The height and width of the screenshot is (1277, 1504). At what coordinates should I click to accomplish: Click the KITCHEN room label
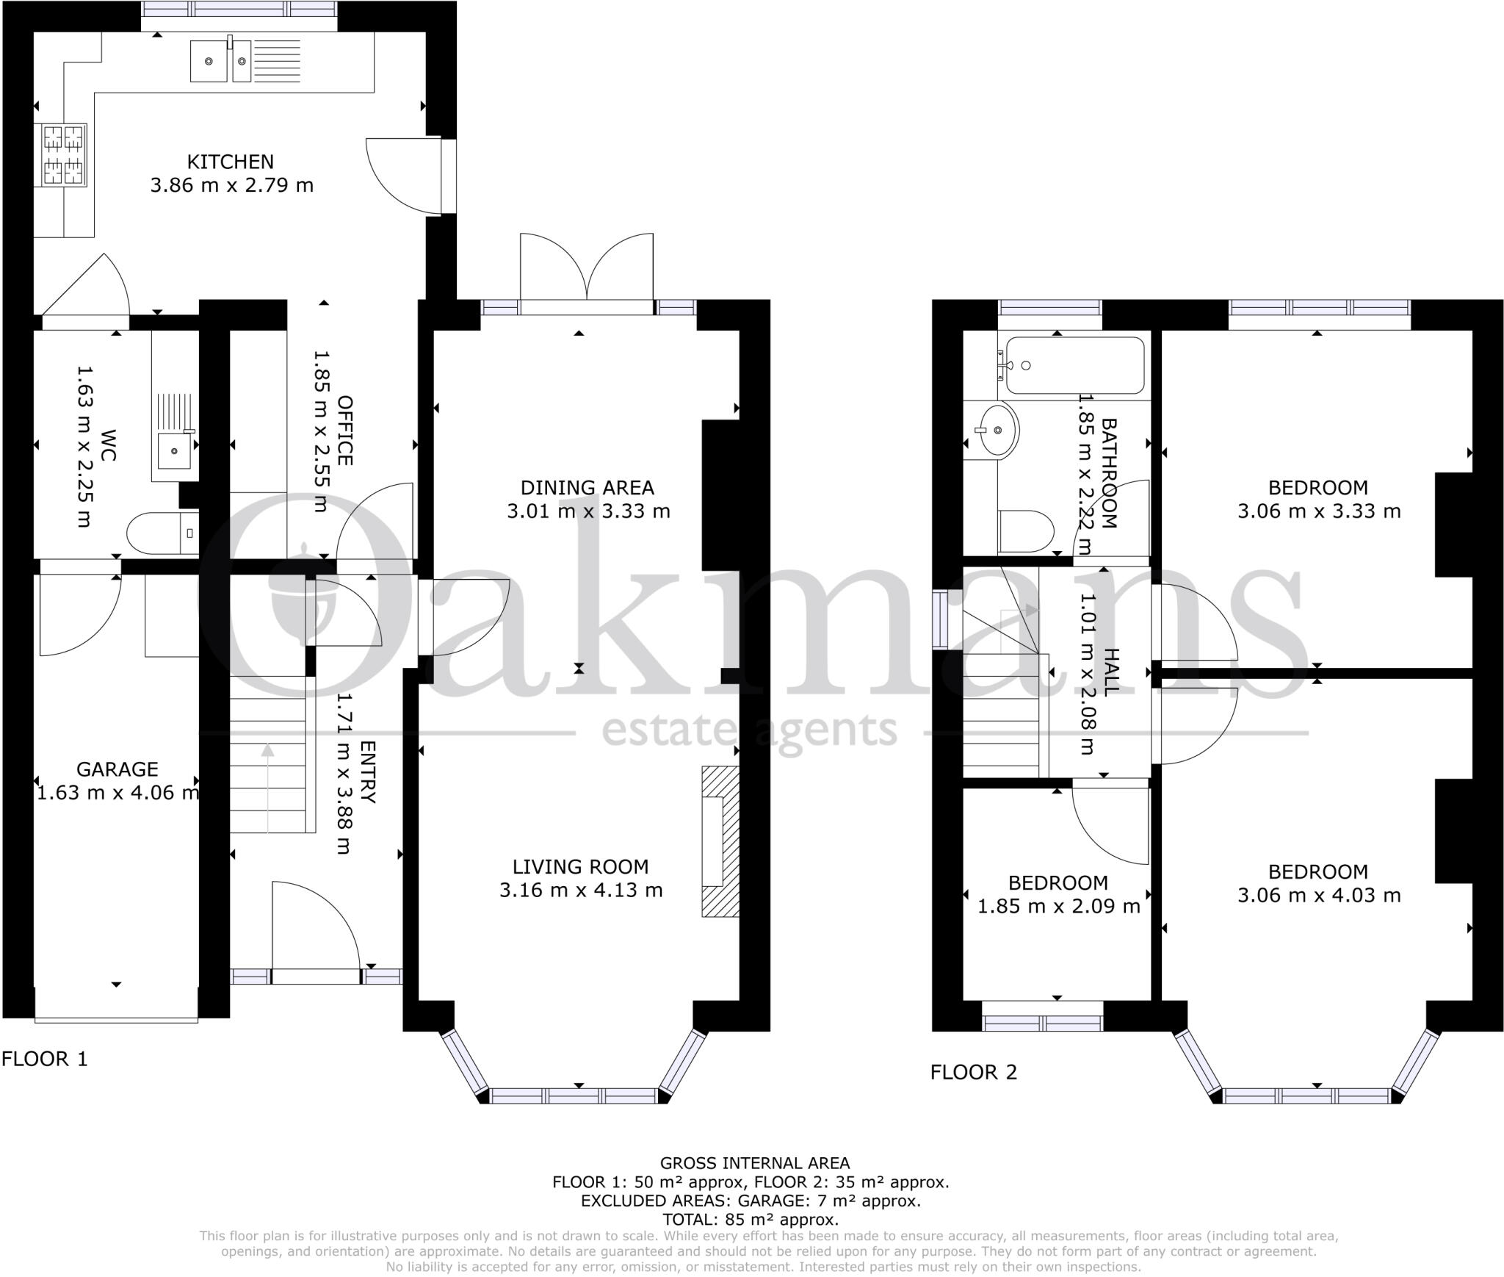(230, 162)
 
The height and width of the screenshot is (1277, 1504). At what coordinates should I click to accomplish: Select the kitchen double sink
(221, 61)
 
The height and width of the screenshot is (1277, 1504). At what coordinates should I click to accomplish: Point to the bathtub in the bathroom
(1074, 365)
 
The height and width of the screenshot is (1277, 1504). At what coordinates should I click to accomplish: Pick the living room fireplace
(720, 841)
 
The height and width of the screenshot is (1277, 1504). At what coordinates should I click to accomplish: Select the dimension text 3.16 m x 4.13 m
(581, 891)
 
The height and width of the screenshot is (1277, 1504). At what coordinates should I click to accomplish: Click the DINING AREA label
(587, 488)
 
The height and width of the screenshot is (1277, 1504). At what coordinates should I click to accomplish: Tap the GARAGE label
(117, 769)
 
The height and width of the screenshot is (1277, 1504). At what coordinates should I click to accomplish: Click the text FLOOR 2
(973, 1073)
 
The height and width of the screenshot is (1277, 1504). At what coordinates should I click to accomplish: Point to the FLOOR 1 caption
(44, 1059)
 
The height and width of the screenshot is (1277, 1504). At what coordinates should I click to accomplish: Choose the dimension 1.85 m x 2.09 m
(1058, 907)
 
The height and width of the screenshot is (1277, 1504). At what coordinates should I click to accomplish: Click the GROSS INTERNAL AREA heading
(754, 1163)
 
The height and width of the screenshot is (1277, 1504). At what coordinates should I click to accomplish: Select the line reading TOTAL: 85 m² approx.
(750, 1220)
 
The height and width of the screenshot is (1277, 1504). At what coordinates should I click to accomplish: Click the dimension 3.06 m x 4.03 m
(1319, 896)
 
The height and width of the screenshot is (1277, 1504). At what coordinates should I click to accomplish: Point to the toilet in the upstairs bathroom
(1026, 530)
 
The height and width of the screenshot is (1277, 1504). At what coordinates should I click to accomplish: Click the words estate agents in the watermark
(749, 731)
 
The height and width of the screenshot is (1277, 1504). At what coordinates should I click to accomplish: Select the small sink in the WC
(175, 450)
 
